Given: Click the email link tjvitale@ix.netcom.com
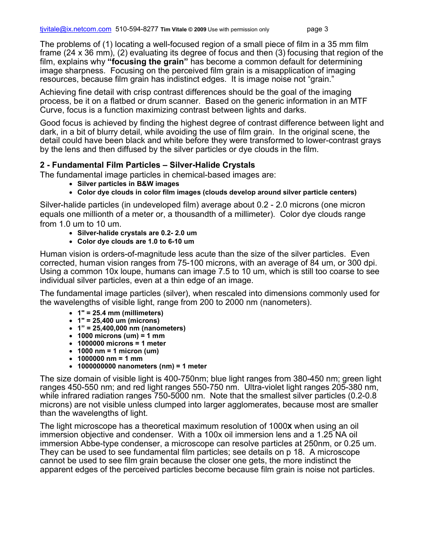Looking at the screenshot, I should click(76, 30).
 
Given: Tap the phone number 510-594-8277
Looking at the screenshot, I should click(136, 30).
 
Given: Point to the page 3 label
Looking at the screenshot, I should click(317, 30).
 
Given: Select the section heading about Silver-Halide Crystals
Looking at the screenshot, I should click(147, 165).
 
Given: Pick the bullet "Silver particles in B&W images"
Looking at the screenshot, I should click(128, 184).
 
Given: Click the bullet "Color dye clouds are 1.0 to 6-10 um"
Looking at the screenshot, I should click(136, 241).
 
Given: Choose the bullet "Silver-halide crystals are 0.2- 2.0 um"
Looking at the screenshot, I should click(137, 233).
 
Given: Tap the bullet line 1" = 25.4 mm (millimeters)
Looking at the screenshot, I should click(120, 313).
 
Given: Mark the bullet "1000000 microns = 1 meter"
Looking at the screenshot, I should click(121, 343).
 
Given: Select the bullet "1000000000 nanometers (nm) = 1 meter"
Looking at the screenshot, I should click(142, 366).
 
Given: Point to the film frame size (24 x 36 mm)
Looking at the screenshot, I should click(89, 53).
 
